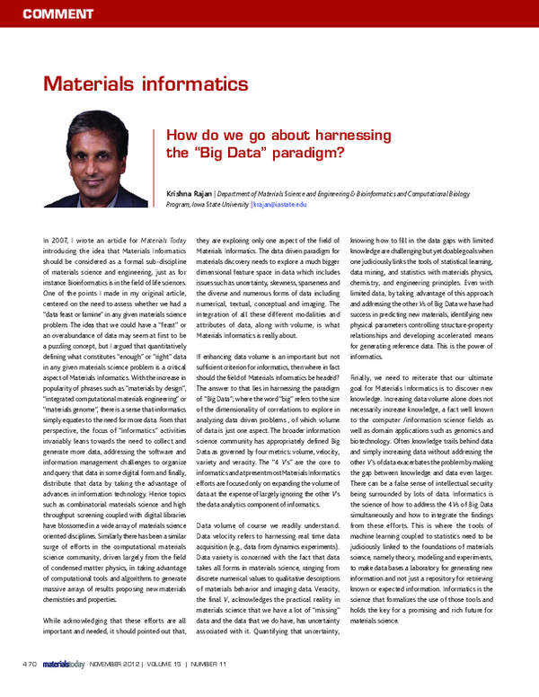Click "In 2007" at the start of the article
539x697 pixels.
pos(57,242)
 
